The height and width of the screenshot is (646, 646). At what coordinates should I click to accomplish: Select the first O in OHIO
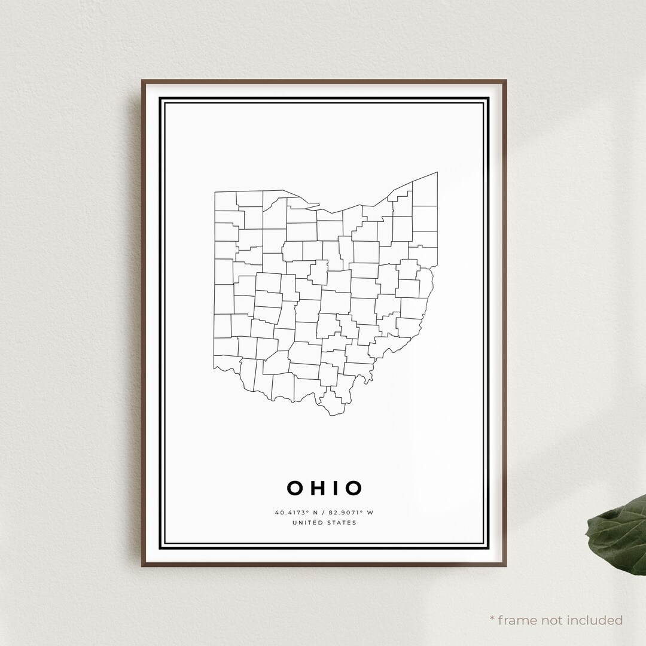coord(295,488)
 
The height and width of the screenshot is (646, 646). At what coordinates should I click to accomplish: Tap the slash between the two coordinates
coord(324,513)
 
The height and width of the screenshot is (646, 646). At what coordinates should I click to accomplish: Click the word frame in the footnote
coord(520,620)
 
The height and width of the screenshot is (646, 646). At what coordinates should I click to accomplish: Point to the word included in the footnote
coord(596,620)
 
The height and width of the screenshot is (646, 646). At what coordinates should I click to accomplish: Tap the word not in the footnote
coord(554,620)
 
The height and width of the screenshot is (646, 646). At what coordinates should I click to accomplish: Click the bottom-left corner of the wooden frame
coord(143,565)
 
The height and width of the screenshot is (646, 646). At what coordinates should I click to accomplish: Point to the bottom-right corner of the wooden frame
coord(505,565)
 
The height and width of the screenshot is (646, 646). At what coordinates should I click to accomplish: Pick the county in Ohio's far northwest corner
coord(226,200)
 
